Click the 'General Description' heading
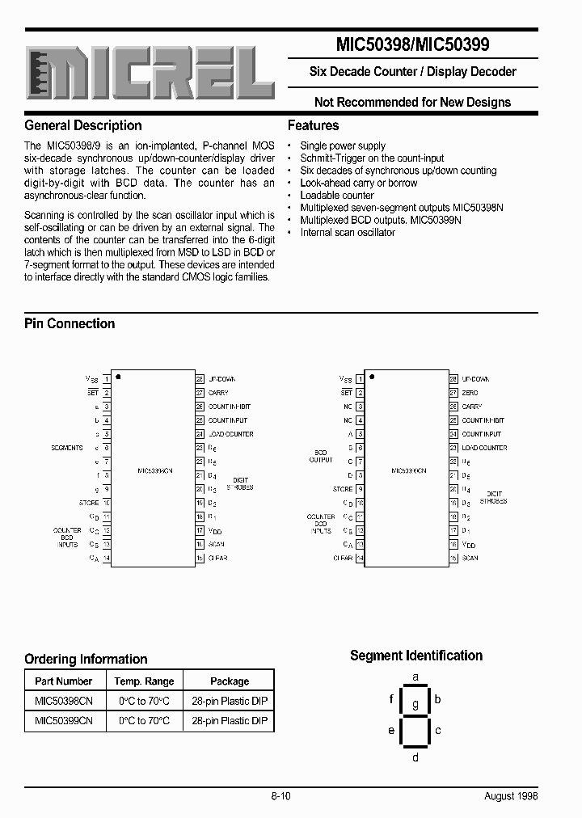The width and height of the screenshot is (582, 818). (83, 125)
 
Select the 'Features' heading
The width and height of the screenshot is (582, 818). (314, 125)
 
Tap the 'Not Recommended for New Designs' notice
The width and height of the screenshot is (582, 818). (412, 102)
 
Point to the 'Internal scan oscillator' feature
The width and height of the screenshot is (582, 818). (348, 232)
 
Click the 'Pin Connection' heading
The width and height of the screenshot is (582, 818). (70, 323)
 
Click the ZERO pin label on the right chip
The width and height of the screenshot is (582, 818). (470, 393)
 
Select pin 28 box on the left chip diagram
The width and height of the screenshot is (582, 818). (199, 379)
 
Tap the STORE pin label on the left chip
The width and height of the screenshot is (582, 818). (88, 503)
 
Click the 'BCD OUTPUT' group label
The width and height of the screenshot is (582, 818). (321, 456)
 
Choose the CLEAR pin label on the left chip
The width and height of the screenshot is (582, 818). (218, 558)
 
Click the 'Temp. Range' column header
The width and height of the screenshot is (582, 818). (144, 681)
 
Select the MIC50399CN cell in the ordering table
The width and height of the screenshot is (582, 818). (64, 720)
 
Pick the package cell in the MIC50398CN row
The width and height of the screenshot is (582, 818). (230, 701)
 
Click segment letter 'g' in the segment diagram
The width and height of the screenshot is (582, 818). (415, 704)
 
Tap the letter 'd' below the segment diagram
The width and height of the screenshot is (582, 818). (415, 757)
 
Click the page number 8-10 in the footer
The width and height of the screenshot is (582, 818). (280, 796)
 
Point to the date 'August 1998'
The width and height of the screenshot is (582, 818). (511, 796)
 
